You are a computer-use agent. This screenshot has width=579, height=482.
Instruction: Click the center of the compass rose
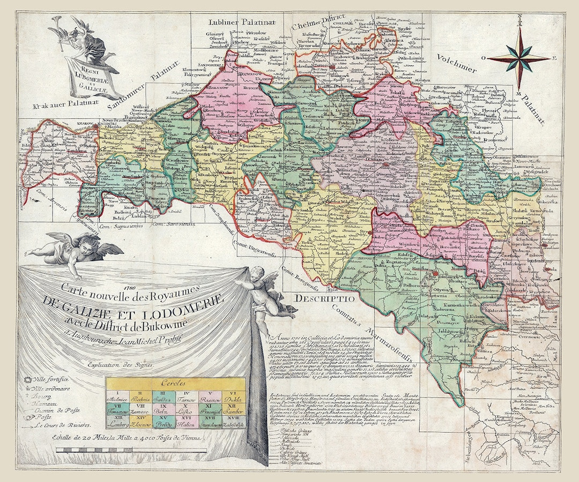coord(518,58)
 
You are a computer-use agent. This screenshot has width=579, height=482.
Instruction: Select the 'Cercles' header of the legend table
coord(175,383)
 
